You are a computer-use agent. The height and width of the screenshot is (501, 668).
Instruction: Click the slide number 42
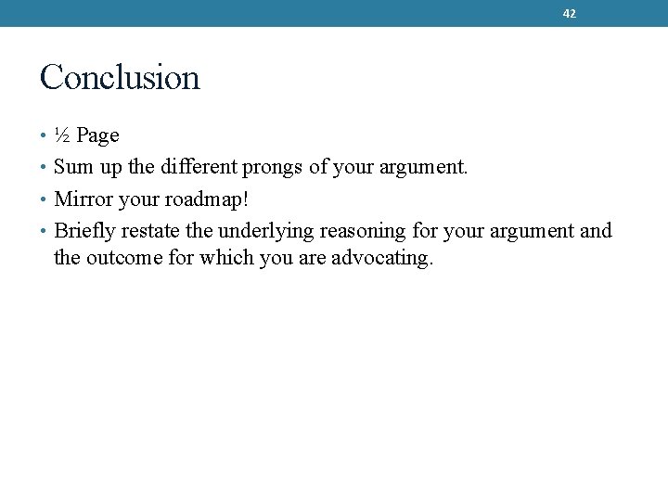[x=570, y=14]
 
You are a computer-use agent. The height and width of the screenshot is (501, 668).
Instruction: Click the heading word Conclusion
[x=120, y=77]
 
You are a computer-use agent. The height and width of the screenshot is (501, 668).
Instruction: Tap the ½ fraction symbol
[x=62, y=135]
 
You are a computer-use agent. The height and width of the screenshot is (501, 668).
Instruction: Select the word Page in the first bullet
[x=97, y=136]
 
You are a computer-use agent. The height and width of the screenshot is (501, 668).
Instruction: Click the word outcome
[x=124, y=258]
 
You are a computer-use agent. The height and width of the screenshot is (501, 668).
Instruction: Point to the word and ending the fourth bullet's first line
[x=596, y=230]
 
